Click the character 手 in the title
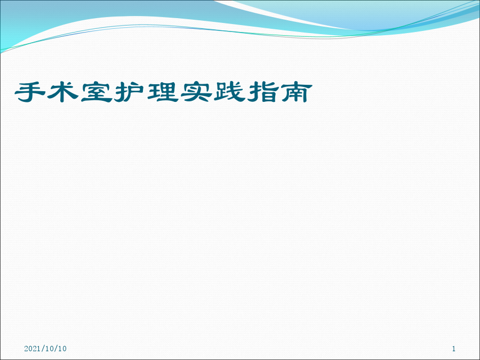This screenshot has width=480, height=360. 30,92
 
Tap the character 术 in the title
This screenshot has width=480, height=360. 63,92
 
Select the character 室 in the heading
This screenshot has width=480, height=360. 96,92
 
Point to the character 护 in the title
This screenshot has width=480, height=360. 129,92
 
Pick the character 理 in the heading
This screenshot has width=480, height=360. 163,92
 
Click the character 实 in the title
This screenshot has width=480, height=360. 196,92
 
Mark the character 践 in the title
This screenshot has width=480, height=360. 229,92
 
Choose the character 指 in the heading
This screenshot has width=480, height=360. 263,92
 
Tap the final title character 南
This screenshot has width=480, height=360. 297,92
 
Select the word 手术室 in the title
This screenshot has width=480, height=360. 63,92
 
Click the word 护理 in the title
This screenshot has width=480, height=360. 146,92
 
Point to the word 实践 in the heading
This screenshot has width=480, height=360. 213,92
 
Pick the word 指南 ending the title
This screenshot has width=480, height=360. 280,92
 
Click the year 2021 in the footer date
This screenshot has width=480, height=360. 31,348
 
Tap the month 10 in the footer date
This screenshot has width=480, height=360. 45,348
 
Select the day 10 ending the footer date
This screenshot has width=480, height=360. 62,348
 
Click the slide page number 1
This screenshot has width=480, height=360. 454,348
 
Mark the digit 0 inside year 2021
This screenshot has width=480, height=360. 30,348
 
